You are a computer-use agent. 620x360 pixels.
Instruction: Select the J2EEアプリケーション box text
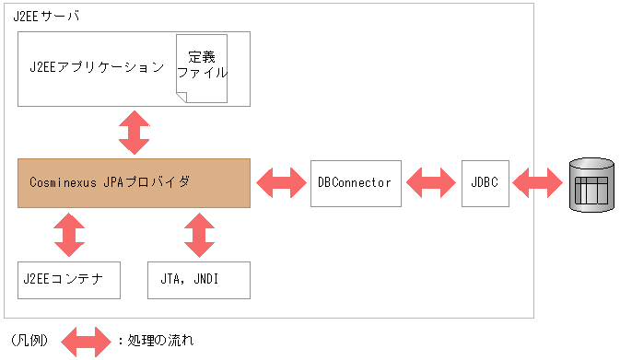(x=97, y=67)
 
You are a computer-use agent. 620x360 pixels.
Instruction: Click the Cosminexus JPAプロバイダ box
(x=134, y=182)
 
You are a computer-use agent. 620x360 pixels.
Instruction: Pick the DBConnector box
(x=355, y=182)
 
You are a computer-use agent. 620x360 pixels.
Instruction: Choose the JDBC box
(x=484, y=182)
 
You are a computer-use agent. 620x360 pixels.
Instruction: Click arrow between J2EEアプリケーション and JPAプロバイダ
(x=135, y=133)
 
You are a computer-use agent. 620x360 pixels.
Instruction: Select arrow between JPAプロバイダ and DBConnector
(x=281, y=182)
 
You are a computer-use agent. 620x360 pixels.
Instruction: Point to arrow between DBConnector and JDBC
(x=431, y=182)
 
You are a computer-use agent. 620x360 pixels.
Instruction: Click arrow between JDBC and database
(x=536, y=182)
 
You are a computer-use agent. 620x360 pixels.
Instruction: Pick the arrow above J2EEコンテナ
(x=69, y=235)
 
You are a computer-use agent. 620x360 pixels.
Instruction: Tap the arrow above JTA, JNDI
(x=198, y=235)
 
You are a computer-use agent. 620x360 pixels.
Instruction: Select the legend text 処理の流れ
(x=159, y=341)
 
